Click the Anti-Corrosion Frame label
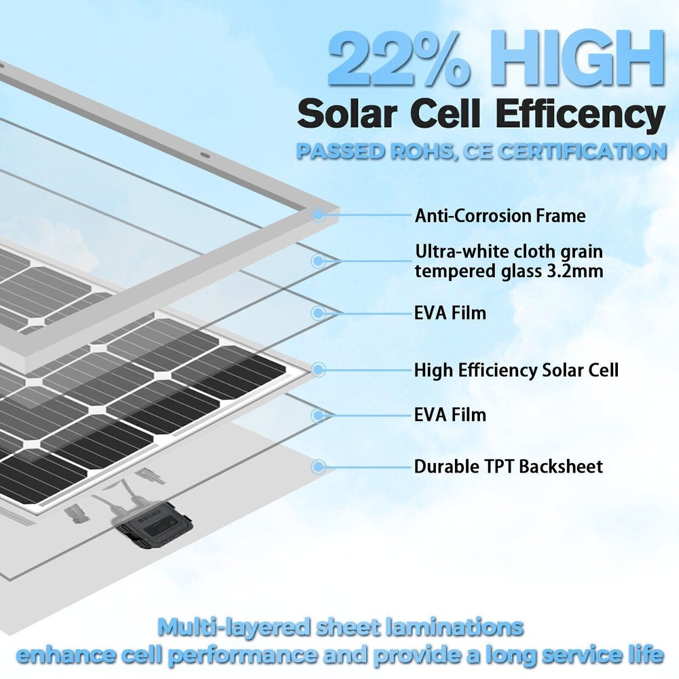tap(500, 216)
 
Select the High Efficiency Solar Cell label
tap(516, 370)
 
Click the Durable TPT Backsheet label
tap(509, 466)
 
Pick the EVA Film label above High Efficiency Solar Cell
tap(450, 313)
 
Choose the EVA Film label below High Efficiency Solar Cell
tap(450, 414)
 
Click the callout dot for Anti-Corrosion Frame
tap(318, 215)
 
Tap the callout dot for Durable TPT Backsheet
tap(318, 466)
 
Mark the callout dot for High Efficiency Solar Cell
tap(318, 369)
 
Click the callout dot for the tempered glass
tap(318, 260)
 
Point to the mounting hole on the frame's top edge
tap(203, 155)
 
